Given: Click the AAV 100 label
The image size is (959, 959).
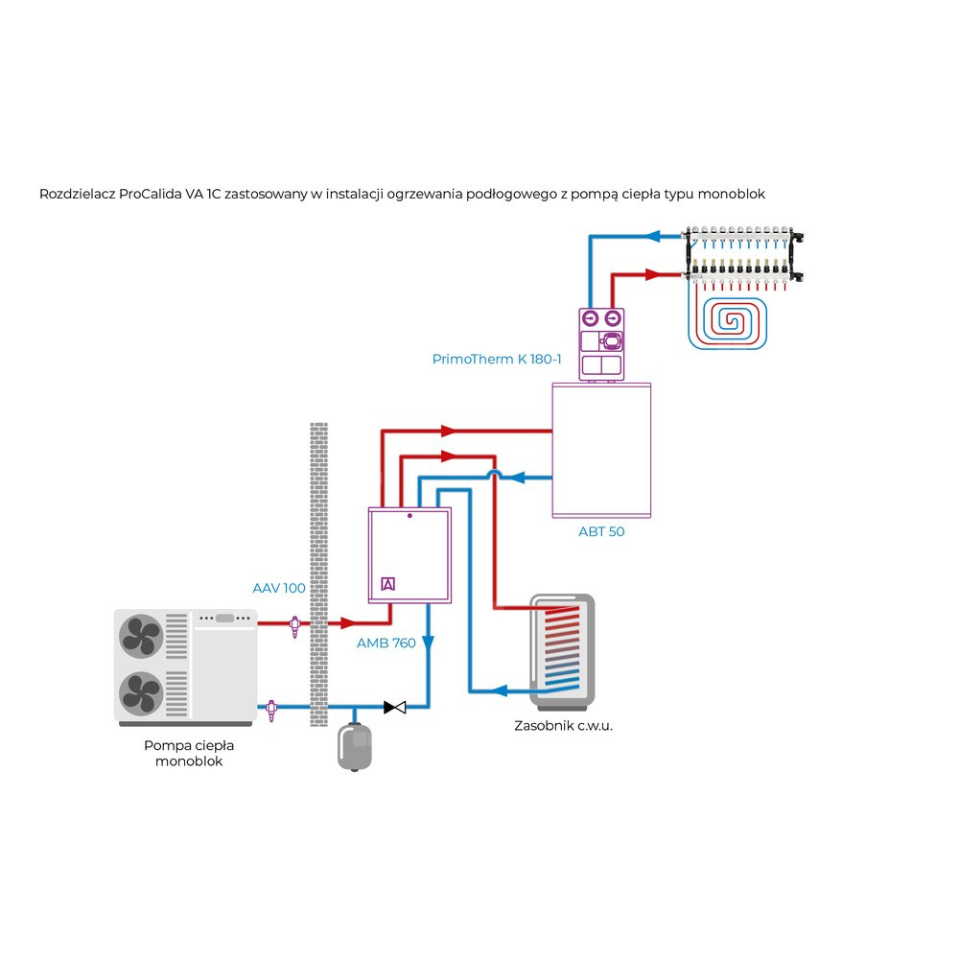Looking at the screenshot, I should (279, 588).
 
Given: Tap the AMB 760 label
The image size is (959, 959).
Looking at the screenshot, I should (386, 643).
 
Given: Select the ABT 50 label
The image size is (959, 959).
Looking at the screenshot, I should (601, 531).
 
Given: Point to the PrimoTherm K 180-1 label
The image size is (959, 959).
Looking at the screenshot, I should (497, 360).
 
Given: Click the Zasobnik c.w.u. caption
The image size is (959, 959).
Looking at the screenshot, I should (563, 726).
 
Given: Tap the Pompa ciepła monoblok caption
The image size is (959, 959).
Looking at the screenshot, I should (189, 753).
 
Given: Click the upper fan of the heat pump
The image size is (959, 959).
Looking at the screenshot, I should (141, 636).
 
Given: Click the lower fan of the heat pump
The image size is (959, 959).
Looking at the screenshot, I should (141, 692).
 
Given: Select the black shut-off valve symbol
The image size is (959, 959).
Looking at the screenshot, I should (395, 708).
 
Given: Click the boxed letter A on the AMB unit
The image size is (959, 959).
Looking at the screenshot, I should (388, 584).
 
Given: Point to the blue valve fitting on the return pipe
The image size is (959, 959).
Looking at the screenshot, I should (274, 709).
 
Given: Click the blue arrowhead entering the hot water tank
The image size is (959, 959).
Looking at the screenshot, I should (500, 690).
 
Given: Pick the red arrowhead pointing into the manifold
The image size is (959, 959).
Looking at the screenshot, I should (653, 274).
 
